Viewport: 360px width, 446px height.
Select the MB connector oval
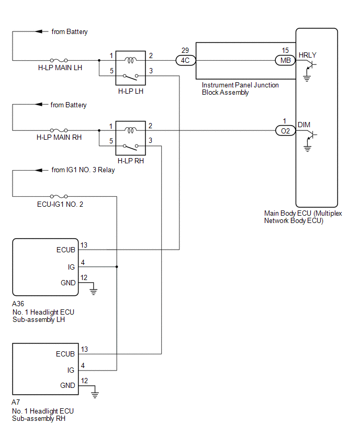(285, 60)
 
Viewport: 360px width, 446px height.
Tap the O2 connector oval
(285, 131)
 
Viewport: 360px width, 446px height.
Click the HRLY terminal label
(307, 54)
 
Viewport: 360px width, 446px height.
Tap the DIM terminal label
(304, 125)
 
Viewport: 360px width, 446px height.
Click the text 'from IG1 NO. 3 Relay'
(83, 170)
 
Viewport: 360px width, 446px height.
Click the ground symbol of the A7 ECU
(94, 393)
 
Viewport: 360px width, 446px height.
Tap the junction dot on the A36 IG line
(117, 267)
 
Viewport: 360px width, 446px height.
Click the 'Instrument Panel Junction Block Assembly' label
(240, 88)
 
